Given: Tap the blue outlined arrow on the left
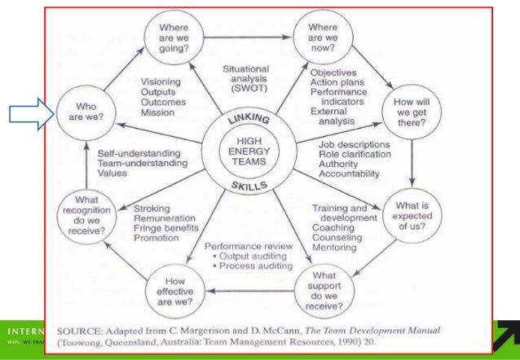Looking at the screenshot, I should click(28, 114).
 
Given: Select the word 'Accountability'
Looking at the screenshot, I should click(349, 174).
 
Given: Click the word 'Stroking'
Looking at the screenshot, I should click(152, 208).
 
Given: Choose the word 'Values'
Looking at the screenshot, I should click(113, 173).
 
